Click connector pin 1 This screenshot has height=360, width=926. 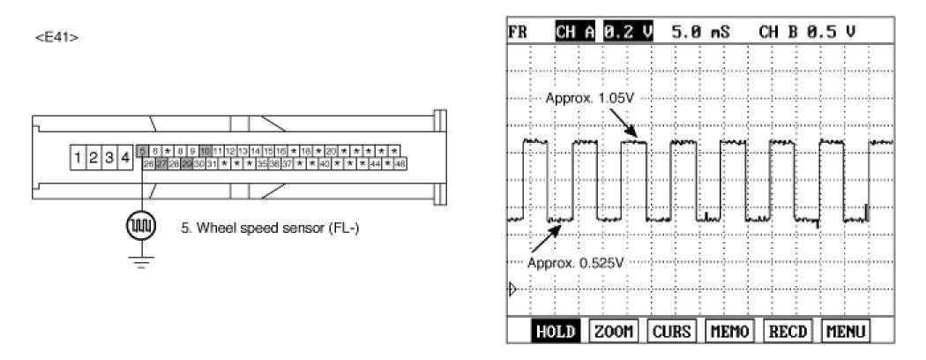tap(78, 158)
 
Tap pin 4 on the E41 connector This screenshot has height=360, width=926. tap(125, 158)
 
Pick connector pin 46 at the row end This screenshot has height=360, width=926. tap(400, 164)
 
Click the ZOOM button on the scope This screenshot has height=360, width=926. tap(615, 332)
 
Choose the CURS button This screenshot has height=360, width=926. tap(671, 332)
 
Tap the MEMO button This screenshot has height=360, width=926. tap(728, 332)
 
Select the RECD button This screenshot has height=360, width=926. tap(787, 332)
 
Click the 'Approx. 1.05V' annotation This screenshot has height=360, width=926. tap(589, 98)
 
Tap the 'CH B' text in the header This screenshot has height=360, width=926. tap(779, 32)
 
